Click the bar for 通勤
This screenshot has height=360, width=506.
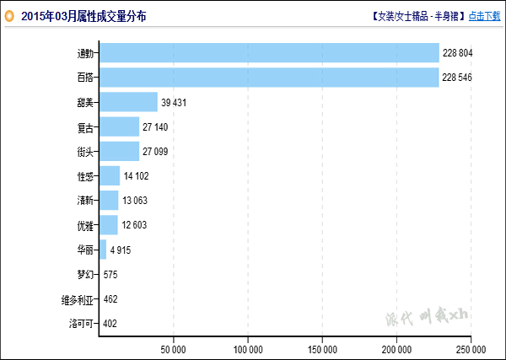point(269,53)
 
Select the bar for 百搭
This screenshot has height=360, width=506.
point(269,78)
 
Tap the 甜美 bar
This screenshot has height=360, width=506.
point(128,102)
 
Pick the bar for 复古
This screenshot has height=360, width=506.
point(119,126)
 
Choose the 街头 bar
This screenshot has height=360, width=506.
point(119,151)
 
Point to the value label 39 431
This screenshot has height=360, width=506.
point(175,103)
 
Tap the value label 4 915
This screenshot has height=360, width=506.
point(121,250)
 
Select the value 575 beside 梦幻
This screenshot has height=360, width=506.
point(110,275)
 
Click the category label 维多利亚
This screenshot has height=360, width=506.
point(78,299)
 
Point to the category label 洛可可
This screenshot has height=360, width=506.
point(82,324)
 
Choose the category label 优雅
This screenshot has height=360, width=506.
point(85,225)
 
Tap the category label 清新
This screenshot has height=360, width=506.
point(85,201)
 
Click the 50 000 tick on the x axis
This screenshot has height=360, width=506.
point(174,348)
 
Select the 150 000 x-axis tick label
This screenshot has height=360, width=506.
point(322,348)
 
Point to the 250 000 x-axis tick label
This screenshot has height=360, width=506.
point(471,348)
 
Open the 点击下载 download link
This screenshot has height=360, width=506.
point(484,16)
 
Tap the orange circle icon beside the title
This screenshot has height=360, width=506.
point(10,16)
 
